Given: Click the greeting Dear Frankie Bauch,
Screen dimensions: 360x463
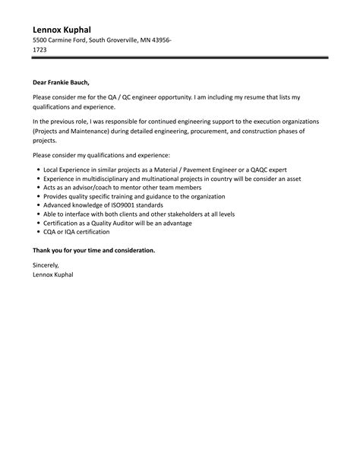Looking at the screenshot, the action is (65, 84).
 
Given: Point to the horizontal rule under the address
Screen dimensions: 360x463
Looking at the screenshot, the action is (180, 57).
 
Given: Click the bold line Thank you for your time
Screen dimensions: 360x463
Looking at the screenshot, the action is (93, 249).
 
